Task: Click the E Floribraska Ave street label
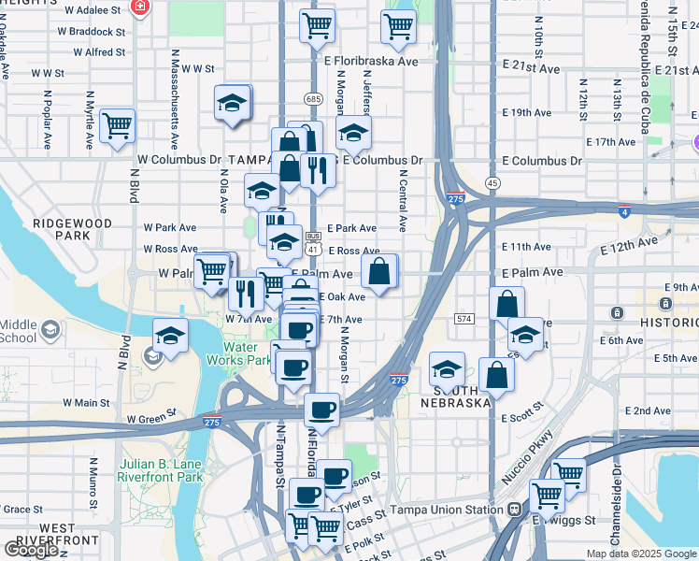pyautogui.click(x=371, y=61)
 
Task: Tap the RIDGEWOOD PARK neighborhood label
pyautogui.click(x=72, y=230)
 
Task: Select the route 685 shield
pyautogui.click(x=313, y=98)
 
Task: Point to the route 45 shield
pyautogui.click(x=492, y=183)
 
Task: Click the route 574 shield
pyautogui.click(x=464, y=320)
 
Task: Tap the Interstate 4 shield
pyautogui.click(x=623, y=211)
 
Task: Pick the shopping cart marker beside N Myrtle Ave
pyautogui.click(x=117, y=124)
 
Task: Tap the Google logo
pyautogui.click(x=32, y=550)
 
